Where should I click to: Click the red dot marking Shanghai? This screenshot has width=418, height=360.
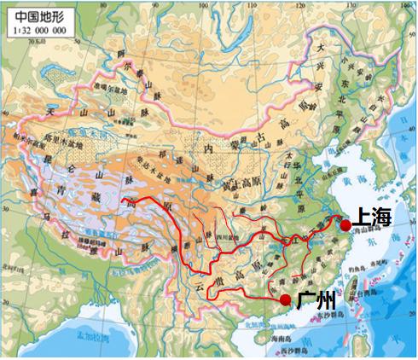(345, 226)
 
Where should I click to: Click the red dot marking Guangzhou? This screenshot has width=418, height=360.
(285, 299)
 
